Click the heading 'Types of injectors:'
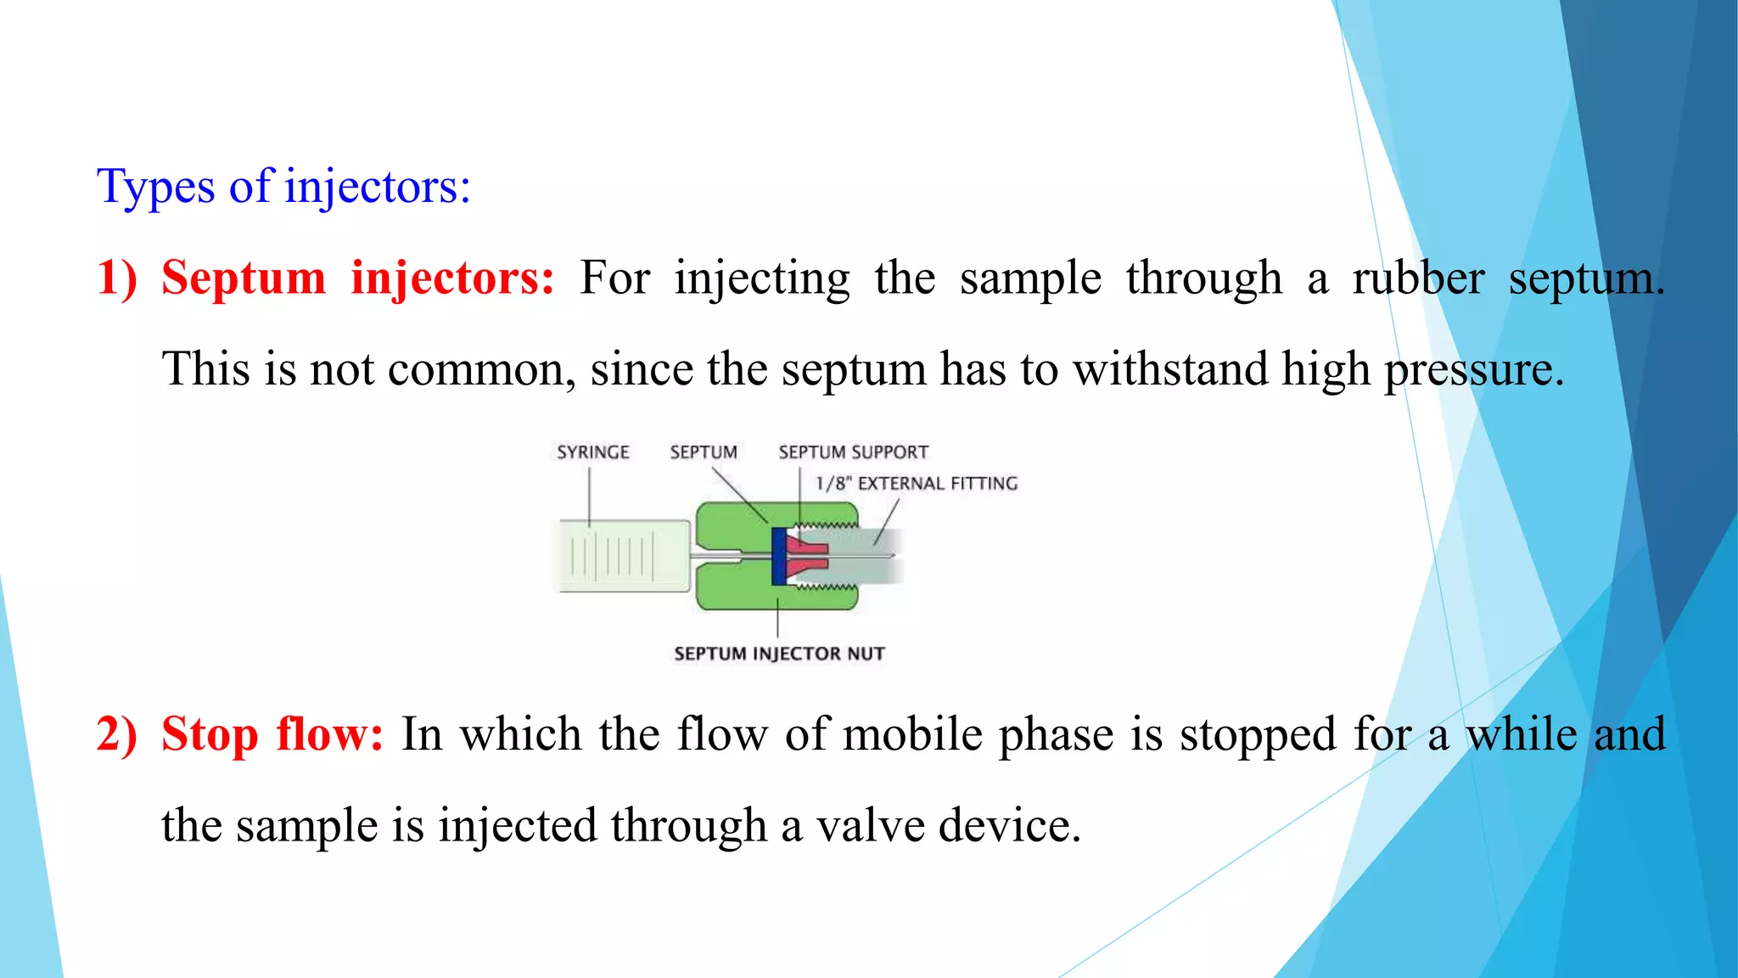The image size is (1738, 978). click(x=283, y=187)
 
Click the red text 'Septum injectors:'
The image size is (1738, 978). click(x=357, y=278)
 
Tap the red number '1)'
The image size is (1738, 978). click(x=116, y=278)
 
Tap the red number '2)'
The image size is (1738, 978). click(x=116, y=734)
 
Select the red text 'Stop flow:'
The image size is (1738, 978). click(x=272, y=734)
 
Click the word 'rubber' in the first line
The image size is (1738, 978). click(x=1418, y=278)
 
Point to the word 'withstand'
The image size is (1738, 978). click(x=1170, y=369)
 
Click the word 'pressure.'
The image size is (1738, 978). click(x=1474, y=369)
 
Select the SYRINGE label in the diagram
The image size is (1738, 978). click(x=592, y=452)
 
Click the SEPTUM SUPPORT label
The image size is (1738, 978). click(x=853, y=452)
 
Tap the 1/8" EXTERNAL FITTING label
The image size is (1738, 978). click(x=916, y=484)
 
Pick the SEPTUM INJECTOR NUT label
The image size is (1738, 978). click(x=779, y=654)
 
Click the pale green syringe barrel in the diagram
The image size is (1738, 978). click(x=624, y=556)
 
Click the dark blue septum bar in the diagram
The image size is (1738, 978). click(x=778, y=556)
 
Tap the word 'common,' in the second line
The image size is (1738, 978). click(x=441, y=369)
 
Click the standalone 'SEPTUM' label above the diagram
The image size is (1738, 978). click(x=703, y=452)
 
